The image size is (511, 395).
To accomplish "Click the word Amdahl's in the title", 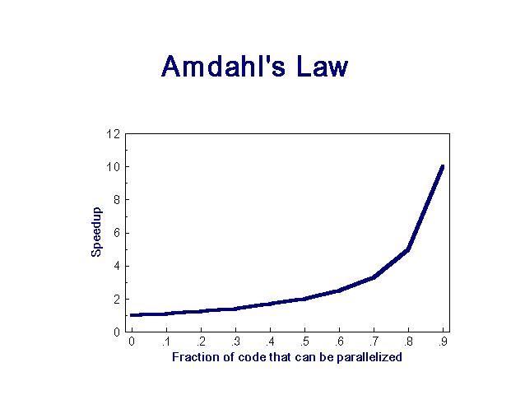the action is (223, 66).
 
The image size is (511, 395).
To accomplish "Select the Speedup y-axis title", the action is (96, 232).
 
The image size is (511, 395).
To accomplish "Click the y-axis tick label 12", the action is (113, 133).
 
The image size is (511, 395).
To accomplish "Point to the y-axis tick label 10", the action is (113, 166).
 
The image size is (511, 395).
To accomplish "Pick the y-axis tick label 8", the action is (117, 199).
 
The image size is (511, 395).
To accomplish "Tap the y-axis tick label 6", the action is (117, 233).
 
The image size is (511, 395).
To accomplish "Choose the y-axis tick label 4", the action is (117, 266).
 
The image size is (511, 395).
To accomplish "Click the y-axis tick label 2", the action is (117, 300).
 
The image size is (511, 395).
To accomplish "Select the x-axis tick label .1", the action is (166, 342).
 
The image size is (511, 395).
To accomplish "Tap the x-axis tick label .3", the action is (235, 342).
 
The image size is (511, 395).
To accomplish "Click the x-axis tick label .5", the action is (304, 342).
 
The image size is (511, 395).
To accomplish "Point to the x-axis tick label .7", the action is (374, 342).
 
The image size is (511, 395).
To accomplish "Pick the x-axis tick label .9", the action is (443, 342).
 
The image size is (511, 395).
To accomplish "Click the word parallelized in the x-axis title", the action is (369, 357).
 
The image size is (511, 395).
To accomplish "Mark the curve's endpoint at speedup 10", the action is (443, 166).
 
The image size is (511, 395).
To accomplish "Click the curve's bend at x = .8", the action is (408, 249).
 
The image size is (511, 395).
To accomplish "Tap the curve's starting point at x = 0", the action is (131, 315).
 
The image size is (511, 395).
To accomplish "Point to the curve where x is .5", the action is (304, 299).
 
